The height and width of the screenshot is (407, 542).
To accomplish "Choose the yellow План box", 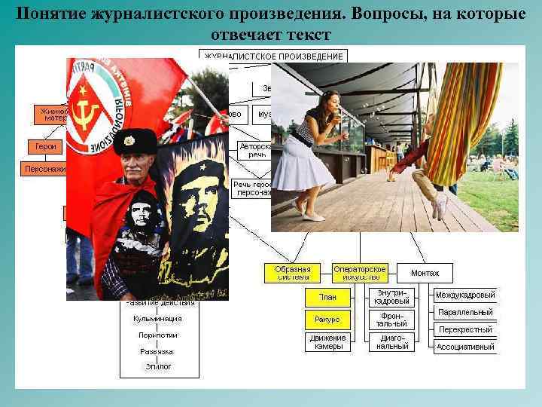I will tap(327, 298).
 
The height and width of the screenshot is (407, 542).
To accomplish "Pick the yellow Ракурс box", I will tap(327, 320).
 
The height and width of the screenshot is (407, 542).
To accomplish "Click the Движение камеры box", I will tap(327, 342).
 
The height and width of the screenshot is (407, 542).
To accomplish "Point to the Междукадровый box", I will tap(465, 295).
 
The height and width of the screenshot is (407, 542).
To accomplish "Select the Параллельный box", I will tap(465, 312).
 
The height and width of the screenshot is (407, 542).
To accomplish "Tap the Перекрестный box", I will tap(465, 329).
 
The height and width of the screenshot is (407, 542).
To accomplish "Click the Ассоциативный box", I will tap(465, 347).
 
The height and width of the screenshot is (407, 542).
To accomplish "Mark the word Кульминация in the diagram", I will tap(157, 319).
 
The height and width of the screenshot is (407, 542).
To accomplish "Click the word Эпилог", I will tap(158, 366).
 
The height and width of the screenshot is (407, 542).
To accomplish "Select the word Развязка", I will tap(157, 351).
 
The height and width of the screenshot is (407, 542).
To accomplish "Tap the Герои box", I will tap(45, 146).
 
